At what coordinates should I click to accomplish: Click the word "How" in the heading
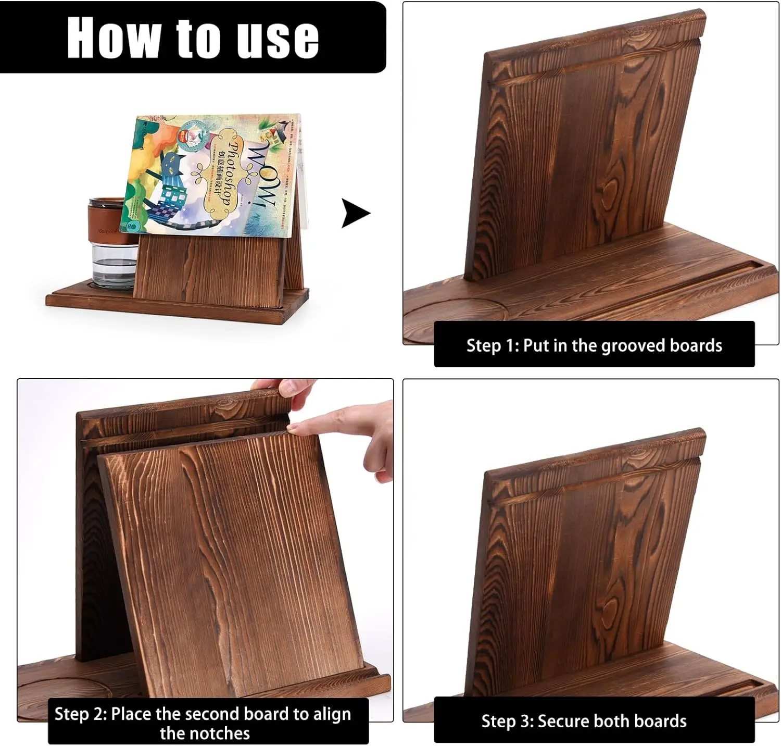coord(113,38)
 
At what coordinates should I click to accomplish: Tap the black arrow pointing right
coord(355,213)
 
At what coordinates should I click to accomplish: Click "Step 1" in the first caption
coord(489,345)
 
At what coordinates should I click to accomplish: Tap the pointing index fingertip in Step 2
coord(295,428)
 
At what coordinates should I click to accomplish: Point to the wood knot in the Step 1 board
coord(610,196)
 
